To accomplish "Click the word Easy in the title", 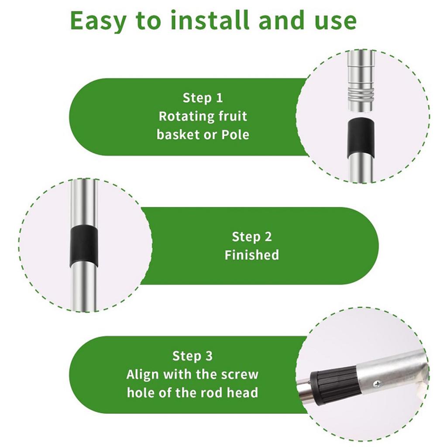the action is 98,21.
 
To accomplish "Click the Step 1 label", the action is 203,98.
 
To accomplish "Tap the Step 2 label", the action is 252,237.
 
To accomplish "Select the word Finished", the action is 252,255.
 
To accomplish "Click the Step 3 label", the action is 193,356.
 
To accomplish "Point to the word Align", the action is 142,375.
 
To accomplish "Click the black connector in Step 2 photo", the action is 84,247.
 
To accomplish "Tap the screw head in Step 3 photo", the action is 378,384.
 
